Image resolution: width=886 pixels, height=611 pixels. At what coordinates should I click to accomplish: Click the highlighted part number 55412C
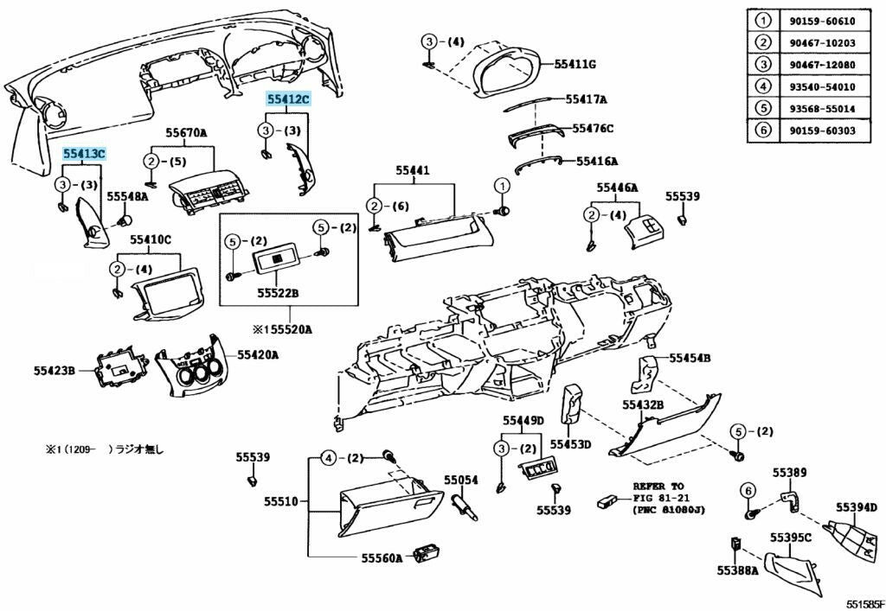(287, 99)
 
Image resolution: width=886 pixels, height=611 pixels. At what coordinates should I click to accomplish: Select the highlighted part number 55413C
(83, 154)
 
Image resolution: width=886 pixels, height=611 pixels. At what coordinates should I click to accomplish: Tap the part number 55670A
(186, 132)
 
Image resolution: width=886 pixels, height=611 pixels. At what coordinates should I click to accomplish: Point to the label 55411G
(575, 64)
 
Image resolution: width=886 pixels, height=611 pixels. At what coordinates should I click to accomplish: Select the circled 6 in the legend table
(762, 131)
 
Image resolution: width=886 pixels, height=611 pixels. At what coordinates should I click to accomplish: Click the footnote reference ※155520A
(282, 329)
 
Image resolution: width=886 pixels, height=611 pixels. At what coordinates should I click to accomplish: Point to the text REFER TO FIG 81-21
(658, 493)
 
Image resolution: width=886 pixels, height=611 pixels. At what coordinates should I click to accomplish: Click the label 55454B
(690, 358)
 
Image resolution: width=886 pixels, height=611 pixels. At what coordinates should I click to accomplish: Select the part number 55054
(461, 480)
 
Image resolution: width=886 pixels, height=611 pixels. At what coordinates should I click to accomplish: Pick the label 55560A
(382, 558)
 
